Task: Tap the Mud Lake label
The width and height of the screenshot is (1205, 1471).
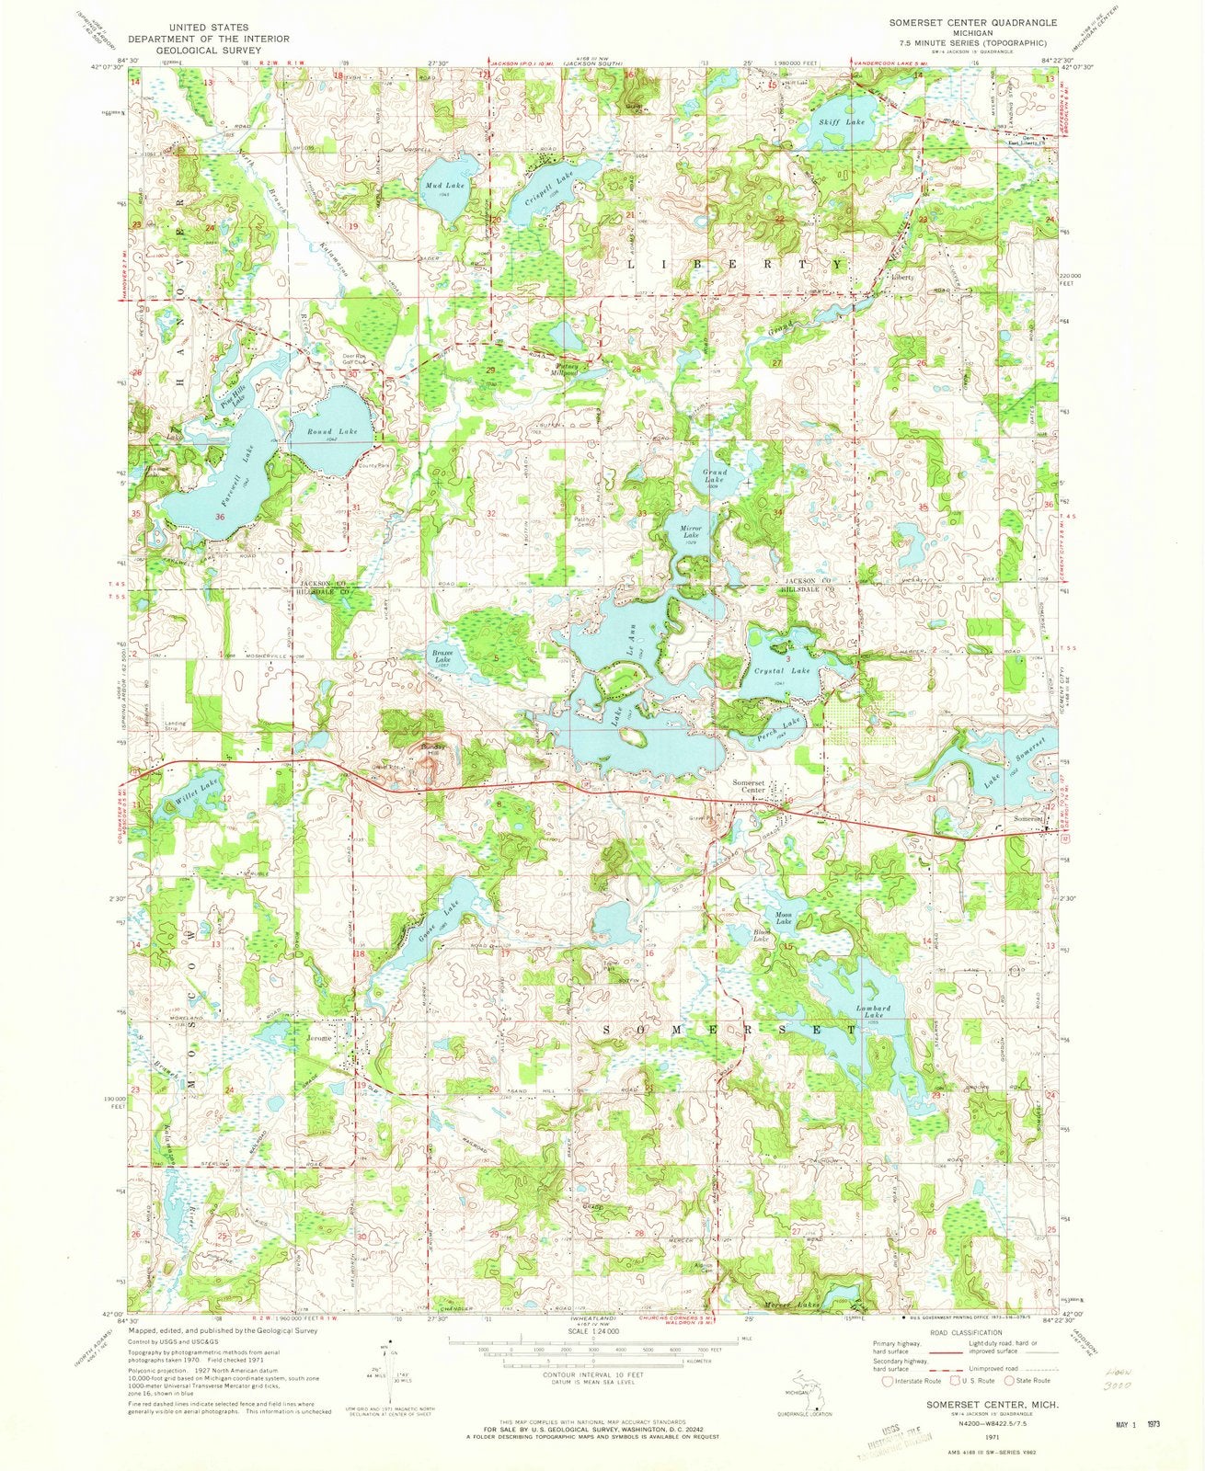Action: pyautogui.click(x=442, y=186)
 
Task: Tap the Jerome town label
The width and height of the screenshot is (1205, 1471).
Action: pyautogui.click(x=318, y=1038)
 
